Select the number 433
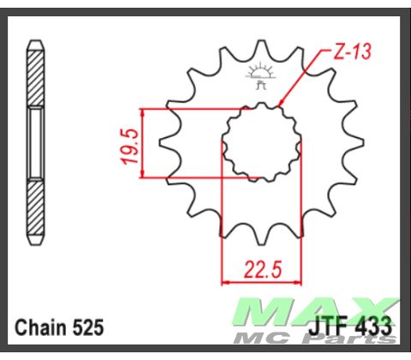pos(375,327)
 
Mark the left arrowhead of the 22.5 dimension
pos(227,280)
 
